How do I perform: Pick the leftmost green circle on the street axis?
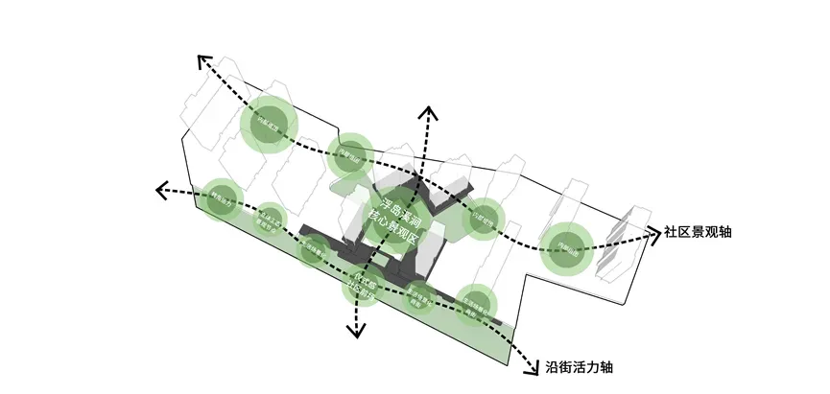[x=222, y=200]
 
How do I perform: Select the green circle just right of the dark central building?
[x=486, y=219]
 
